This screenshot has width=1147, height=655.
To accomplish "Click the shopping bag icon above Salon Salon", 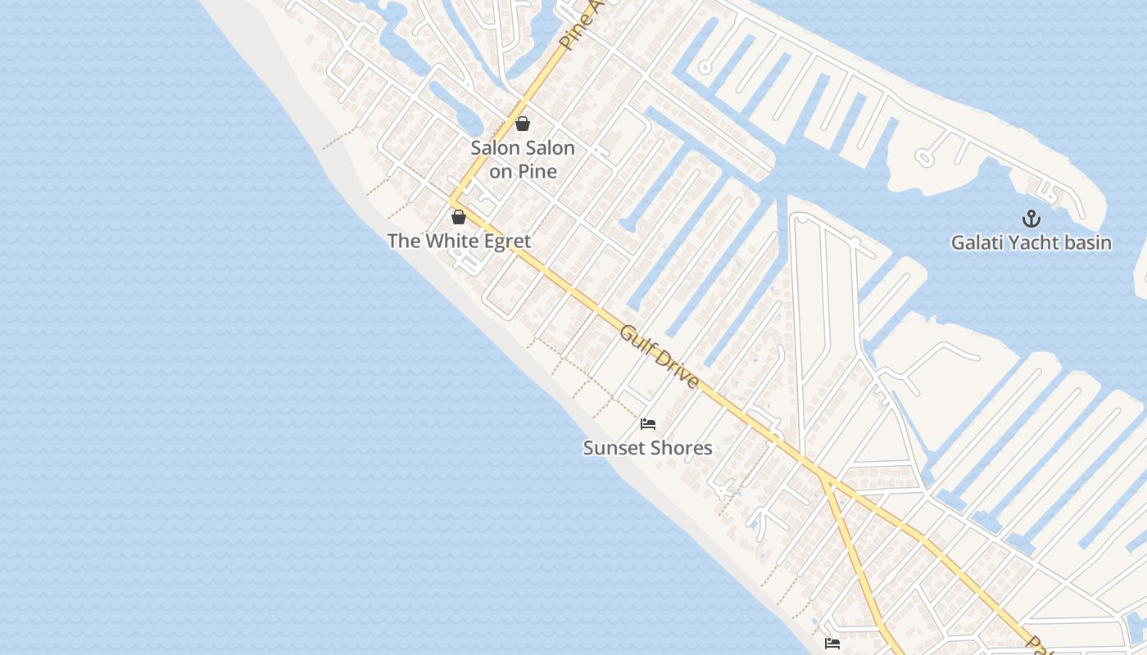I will (523, 124).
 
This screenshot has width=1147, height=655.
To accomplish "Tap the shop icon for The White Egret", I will (459, 217).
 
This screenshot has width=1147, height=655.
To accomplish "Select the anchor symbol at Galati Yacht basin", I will (1031, 219).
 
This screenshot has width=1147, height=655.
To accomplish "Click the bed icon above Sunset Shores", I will (648, 424).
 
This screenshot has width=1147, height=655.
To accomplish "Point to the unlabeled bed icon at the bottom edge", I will (832, 644).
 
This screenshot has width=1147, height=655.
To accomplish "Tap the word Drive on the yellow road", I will (679, 371).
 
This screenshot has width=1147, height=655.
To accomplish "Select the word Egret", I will (505, 242).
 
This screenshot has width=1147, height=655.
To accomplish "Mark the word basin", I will (1088, 243).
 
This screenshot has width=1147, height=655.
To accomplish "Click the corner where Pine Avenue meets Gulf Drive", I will (451, 199).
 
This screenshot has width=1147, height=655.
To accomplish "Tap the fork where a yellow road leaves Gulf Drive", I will (822, 477).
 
